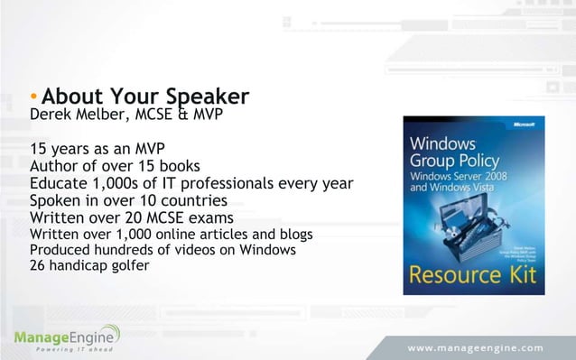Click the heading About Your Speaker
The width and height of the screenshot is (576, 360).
145,96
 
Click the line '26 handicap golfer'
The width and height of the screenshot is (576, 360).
90,266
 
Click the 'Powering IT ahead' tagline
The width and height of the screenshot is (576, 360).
62,353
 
